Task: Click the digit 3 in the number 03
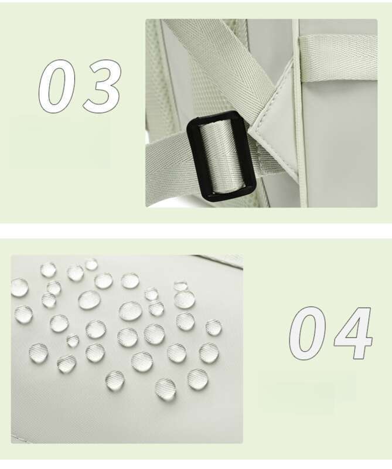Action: (102, 86)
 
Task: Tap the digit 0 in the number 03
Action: (57, 86)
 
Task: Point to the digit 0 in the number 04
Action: (308, 333)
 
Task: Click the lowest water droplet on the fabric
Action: (165, 389)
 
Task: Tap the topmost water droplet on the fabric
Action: (91, 264)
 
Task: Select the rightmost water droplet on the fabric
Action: (213, 327)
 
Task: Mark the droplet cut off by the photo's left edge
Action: (19, 287)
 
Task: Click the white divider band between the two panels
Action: (196, 230)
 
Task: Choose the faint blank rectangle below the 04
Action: (307, 392)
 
